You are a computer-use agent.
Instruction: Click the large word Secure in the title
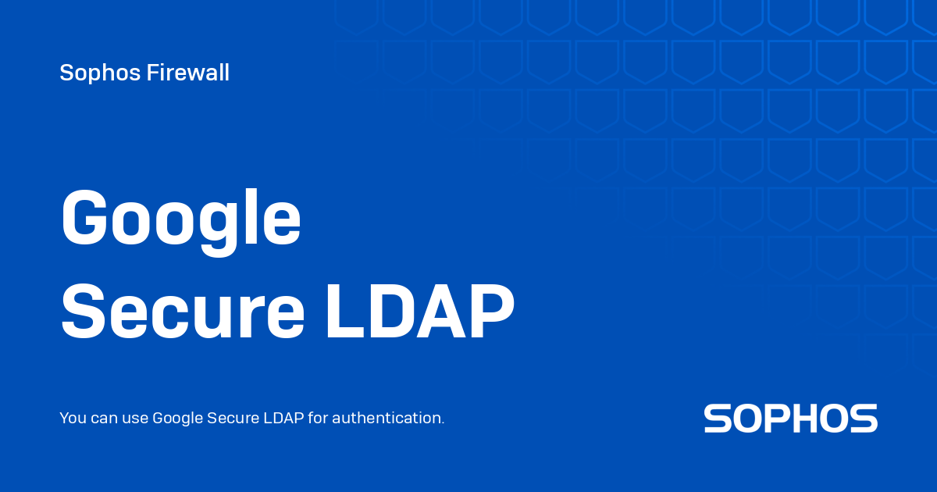(x=183, y=314)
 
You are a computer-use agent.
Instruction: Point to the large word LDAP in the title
(x=419, y=314)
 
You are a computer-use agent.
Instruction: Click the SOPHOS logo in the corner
(x=790, y=419)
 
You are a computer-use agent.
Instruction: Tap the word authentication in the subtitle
(x=388, y=418)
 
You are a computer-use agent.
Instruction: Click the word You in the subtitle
(x=73, y=418)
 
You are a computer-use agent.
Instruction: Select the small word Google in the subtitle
(x=177, y=418)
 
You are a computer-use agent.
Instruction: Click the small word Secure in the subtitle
(x=232, y=418)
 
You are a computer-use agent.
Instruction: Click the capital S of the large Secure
(x=84, y=314)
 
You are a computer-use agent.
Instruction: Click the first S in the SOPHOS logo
(x=718, y=419)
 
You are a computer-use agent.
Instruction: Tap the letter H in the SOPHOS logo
(x=803, y=419)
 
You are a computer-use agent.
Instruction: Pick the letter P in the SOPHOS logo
(x=775, y=419)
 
